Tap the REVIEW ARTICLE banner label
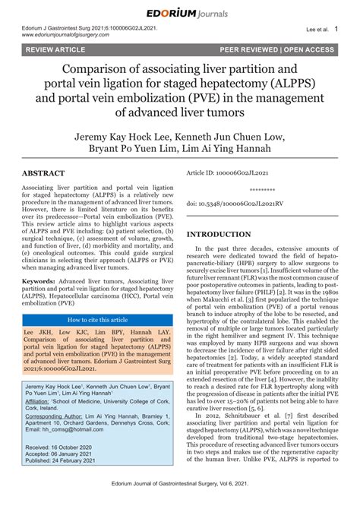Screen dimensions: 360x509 pyautogui.click(x=55, y=50)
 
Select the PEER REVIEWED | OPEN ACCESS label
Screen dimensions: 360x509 pyautogui.click(x=276, y=50)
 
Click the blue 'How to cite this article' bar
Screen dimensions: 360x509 pyautogui.click(x=98, y=321)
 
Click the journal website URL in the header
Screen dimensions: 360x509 pyautogui.click(x=71, y=35)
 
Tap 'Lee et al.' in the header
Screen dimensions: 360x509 pyautogui.click(x=315, y=30)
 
